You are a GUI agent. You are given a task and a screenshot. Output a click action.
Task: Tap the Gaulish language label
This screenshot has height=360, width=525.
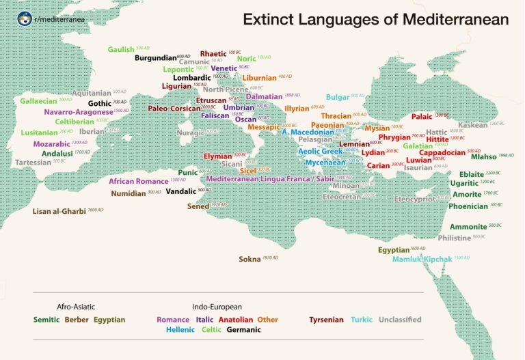[121, 49]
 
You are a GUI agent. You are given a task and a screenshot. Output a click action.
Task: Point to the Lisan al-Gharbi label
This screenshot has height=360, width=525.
[59, 211]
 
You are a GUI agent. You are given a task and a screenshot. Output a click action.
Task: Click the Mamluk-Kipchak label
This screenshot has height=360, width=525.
[422, 260]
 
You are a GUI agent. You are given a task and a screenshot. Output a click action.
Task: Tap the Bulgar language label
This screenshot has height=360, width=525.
[338, 97]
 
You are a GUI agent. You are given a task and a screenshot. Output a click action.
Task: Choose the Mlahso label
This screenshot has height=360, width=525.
[483, 157]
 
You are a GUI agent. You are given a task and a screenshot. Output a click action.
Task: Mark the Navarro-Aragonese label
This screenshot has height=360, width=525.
[78, 111]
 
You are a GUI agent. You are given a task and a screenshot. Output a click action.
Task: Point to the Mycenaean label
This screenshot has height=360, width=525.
[325, 163]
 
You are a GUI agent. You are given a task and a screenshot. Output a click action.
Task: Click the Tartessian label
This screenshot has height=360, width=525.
[33, 163]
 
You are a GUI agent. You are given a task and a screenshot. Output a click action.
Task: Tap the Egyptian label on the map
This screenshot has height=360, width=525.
[393, 250]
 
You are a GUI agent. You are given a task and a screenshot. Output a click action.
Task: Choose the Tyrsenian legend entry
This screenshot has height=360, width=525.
[326, 319]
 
